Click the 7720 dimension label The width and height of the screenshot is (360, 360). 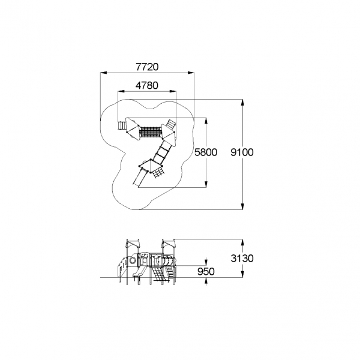point(147,67)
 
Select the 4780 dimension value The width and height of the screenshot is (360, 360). point(147,85)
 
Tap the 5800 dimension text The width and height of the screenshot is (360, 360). point(206,152)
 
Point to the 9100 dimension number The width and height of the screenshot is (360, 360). point(242,152)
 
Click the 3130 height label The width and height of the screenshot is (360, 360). point(242,258)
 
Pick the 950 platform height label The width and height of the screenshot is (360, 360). point(206,271)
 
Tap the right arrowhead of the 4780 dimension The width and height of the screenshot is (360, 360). point(173,91)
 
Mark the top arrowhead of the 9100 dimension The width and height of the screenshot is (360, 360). point(242,103)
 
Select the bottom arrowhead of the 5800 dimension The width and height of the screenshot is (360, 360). point(206,184)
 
